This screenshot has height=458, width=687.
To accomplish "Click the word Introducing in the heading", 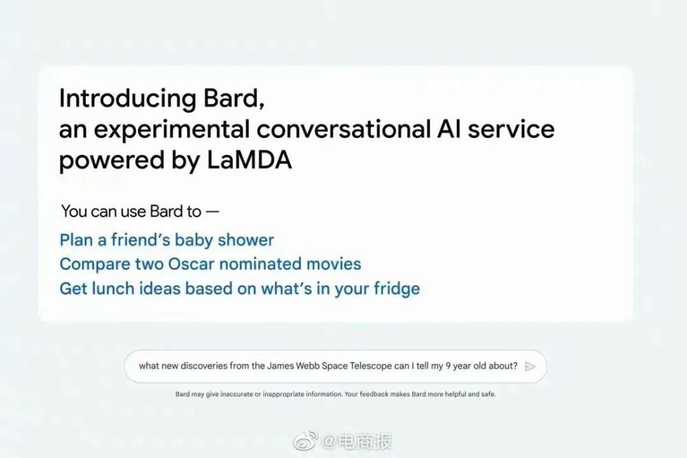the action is (x=127, y=99).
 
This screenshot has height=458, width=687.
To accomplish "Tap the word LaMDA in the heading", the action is (x=249, y=160).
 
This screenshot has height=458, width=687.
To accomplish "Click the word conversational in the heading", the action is (x=343, y=129).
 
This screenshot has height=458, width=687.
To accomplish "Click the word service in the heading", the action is (x=511, y=129).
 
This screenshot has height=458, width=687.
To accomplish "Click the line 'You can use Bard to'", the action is (x=131, y=211).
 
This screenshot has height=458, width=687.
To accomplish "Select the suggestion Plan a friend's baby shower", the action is (x=166, y=240).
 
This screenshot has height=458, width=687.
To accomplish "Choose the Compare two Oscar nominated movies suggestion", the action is (x=210, y=264).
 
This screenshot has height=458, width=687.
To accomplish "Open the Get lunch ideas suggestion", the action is (x=240, y=288).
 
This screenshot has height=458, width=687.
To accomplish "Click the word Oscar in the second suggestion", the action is (x=191, y=264).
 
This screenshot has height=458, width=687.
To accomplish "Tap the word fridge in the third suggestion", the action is (x=396, y=289).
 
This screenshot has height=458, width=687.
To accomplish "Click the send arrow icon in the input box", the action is (x=530, y=366).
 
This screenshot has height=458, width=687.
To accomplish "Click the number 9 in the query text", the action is (x=448, y=366).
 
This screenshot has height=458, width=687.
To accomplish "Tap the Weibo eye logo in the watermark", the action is (x=306, y=440).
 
